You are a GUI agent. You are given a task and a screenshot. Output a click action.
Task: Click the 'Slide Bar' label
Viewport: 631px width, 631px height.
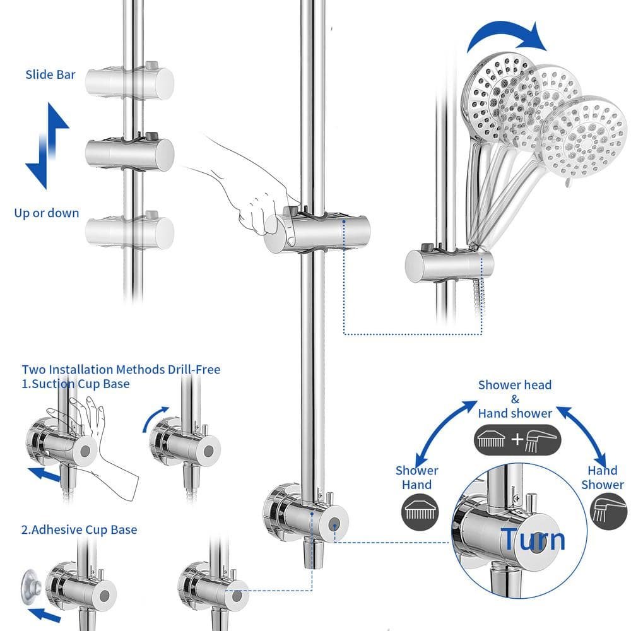(x=50, y=74)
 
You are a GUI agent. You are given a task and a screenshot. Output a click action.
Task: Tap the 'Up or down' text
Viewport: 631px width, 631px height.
(x=47, y=213)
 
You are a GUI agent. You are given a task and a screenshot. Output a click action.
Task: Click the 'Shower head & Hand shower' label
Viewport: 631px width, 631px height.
(x=515, y=399)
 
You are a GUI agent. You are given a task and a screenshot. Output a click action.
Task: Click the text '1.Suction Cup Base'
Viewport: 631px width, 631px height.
(x=76, y=384)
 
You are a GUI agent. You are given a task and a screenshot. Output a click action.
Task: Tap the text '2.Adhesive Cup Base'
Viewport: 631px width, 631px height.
(x=79, y=529)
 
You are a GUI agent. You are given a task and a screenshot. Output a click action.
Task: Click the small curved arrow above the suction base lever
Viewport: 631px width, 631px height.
(x=156, y=418)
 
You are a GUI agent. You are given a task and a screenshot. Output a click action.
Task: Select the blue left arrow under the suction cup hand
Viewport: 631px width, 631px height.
(x=45, y=474)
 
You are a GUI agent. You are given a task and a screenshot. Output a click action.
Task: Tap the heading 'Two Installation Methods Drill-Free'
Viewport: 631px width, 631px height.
(x=121, y=369)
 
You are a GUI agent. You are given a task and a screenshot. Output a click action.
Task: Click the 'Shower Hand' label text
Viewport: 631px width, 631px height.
(x=416, y=478)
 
